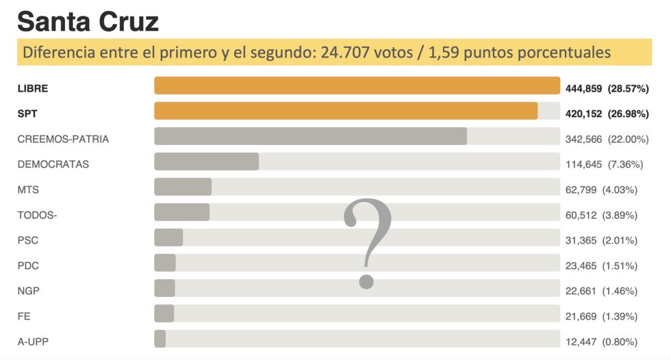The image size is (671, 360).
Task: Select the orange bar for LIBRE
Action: pos(357,86)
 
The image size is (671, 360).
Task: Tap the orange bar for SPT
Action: pos(346,111)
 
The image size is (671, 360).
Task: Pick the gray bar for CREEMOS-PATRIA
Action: pos(310,136)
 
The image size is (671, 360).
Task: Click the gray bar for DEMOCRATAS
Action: pos(206,162)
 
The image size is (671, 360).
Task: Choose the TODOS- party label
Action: pos(37,215)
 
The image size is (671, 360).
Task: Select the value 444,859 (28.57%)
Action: pos(607,88)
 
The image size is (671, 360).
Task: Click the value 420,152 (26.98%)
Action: pos(607,114)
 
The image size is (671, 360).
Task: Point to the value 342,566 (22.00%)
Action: pos(607,139)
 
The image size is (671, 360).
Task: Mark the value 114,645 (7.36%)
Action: pos(602,164)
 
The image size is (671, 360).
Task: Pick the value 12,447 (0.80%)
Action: pos(602,342)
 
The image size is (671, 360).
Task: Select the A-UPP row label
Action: pos(32,342)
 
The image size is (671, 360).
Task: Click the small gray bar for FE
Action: pos(164,313)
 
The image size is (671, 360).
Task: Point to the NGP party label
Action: pos(28,291)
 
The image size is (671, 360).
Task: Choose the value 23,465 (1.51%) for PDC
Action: pos(602,266)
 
